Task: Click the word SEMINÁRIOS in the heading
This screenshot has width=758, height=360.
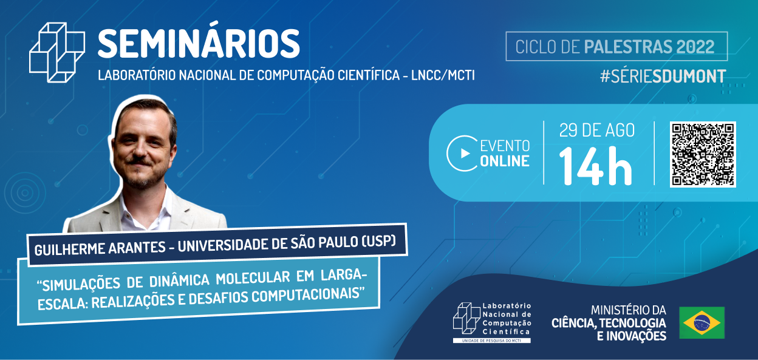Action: point(199,44)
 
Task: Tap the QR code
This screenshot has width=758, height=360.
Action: point(703,154)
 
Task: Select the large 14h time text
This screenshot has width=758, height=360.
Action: point(596,165)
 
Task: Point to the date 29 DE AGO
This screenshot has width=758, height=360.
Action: point(596,131)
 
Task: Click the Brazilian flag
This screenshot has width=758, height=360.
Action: point(702,322)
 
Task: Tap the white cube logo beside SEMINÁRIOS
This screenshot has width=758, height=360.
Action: point(57,52)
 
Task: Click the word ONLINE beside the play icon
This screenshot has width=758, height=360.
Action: point(505,161)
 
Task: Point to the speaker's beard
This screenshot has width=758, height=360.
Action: point(143,179)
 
